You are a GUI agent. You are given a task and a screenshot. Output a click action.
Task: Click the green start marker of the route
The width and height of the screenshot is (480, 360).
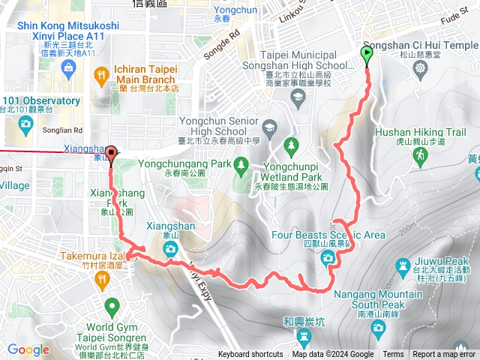click(367, 55)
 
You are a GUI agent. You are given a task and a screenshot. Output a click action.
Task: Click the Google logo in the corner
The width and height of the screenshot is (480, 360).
click(28, 349)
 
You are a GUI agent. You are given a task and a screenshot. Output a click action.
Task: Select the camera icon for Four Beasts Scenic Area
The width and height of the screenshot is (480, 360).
click(328, 259)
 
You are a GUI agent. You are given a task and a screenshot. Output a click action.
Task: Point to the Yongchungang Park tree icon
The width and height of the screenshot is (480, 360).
click(241, 163)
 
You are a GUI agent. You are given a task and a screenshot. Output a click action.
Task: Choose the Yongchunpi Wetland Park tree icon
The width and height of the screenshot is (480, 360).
click(292, 145)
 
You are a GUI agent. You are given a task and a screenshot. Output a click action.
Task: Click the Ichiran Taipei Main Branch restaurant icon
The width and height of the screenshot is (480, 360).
click(101, 74)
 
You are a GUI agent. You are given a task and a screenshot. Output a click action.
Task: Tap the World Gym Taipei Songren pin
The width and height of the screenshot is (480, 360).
click(112, 306)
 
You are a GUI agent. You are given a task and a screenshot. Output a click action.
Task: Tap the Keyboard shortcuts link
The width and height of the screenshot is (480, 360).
click(250, 355)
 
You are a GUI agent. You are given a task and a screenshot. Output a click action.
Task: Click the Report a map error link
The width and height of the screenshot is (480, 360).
click(445, 355)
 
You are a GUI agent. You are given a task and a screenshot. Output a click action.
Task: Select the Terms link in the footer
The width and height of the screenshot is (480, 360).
click(393, 355)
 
